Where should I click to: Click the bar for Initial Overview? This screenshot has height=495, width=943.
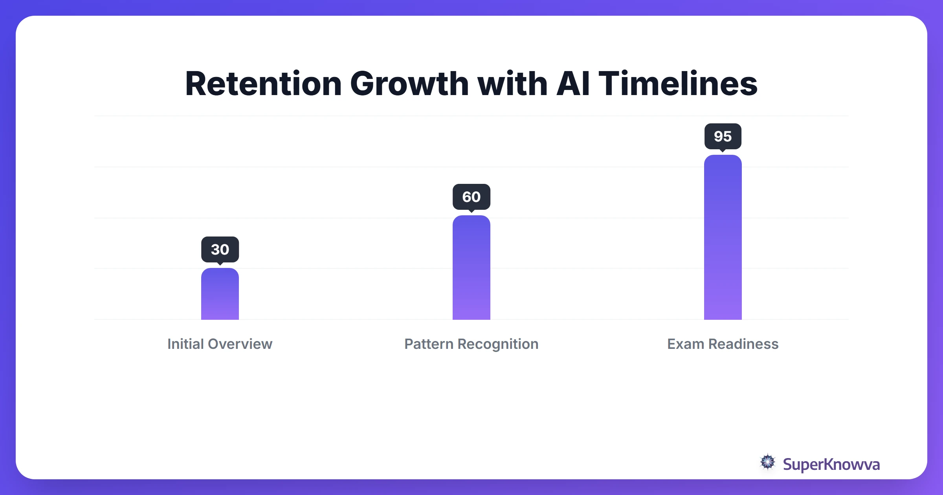(x=220, y=295)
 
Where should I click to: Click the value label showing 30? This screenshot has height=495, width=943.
(x=220, y=249)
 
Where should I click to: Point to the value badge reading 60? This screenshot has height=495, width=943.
(x=472, y=197)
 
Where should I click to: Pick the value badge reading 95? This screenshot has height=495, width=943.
(x=723, y=136)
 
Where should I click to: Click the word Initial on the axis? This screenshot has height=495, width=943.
(x=185, y=344)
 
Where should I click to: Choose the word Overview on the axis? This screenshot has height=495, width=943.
(x=240, y=344)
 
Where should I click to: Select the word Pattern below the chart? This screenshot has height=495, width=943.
(x=429, y=344)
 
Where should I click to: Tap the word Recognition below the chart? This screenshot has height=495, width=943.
(x=498, y=344)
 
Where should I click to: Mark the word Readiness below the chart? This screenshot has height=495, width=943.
(x=743, y=344)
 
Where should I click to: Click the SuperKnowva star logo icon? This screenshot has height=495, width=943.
(x=768, y=462)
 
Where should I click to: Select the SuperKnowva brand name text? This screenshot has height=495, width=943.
(x=831, y=464)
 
